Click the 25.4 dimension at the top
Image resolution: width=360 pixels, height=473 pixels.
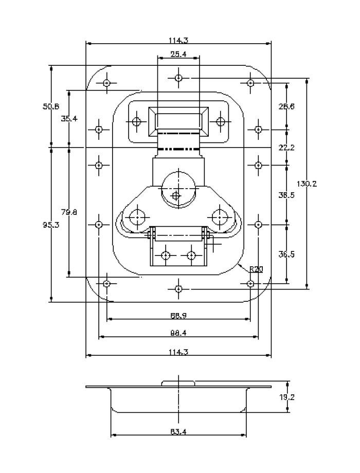pyautogui.click(x=178, y=54)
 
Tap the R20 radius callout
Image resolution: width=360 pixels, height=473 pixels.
pyautogui.click(x=256, y=269)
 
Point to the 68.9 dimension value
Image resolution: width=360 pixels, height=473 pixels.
pyautogui.click(x=178, y=315)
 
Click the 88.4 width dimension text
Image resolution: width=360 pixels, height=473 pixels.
pyautogui.click(x=178, y=333)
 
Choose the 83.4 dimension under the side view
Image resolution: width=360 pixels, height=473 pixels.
pyautogui.click(x=178, y=432)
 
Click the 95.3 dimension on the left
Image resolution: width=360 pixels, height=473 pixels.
pyautogui.click(x=51, y=225)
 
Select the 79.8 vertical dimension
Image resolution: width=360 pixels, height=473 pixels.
pyautogui.click(x=69, y=212)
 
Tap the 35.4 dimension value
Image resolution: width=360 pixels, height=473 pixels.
pyautogui.click(x=69, y=118)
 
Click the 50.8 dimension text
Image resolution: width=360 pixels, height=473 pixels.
pyautogui.click(x=51, y=106)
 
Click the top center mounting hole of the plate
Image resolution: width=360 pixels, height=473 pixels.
pyautogui.click(x=178, y=78)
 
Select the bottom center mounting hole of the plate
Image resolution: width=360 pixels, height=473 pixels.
pyautogui.click(x=178, y=289)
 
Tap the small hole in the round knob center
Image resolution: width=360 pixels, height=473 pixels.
pyautogui.click(x=176, y=195)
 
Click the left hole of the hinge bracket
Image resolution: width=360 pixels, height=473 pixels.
pyautogui.click(x=166, y=255)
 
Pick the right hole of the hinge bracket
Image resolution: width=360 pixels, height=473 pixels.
pyautogui.click(x=191, y=255)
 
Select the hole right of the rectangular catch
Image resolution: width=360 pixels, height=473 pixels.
pyautogui.click(x=221, y=121)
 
